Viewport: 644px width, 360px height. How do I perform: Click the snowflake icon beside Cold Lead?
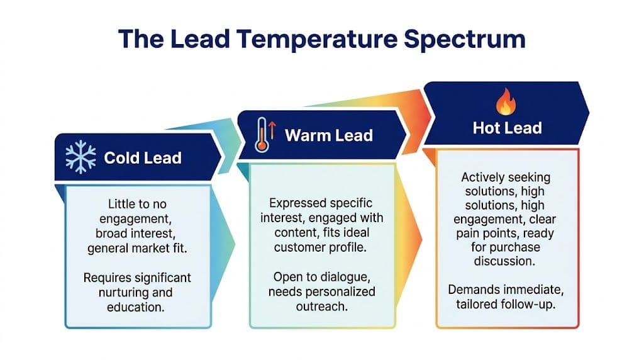tap(80, 156)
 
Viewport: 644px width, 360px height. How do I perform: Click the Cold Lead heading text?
tap(143, 157)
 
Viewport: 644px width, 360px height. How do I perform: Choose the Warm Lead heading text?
tap(328, 135)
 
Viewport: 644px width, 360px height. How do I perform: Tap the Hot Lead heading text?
tap(507, 128)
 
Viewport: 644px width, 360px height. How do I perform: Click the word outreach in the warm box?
tap(322, 307)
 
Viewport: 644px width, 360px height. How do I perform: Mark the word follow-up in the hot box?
tap(536, 305)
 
